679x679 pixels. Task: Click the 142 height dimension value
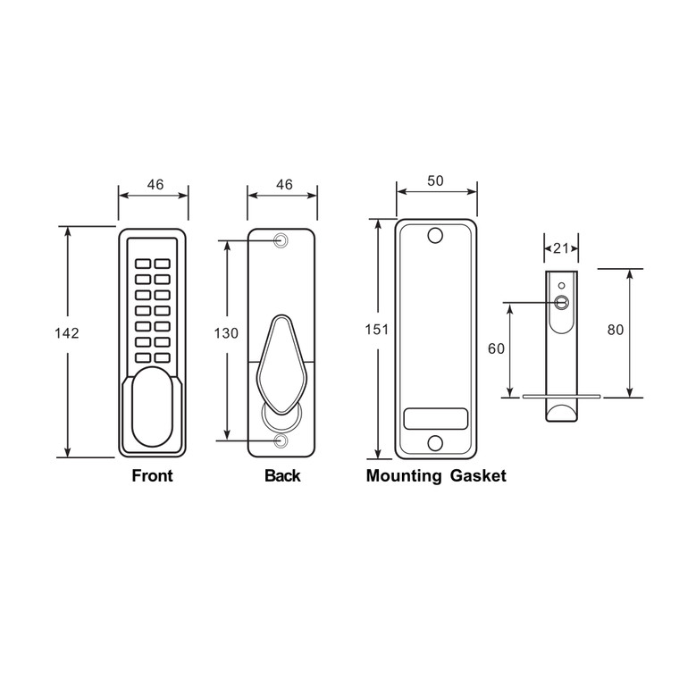tap(67, 333)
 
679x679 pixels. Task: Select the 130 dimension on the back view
tap(226, 333)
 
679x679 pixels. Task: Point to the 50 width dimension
tap(435, 180)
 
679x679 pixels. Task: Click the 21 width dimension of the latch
tap(561, 247)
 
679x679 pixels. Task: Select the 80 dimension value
tap(616, 330)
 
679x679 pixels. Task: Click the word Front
tap(152, 476)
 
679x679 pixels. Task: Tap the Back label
tap(282, 476)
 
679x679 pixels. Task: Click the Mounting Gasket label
tap(436, 476)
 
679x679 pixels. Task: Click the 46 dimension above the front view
tap(155, 185)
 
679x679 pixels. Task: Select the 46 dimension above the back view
tap(284, 185)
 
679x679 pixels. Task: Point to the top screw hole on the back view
tap(282, 240)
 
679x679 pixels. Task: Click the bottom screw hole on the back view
tap(282, 441)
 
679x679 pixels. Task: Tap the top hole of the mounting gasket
tap(435, 237)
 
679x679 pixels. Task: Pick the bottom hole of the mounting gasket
tap(435, 442)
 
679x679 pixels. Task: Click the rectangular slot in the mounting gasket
tap(435, 418)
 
